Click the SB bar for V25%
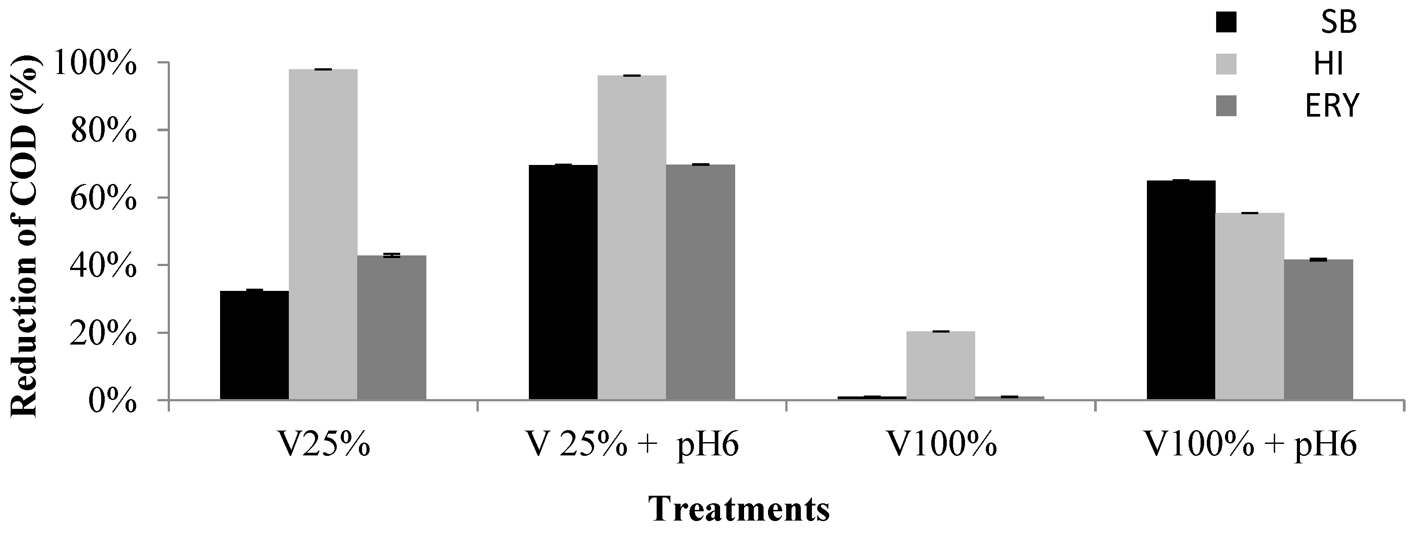click(254, 345)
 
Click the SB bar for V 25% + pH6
click(563, 282)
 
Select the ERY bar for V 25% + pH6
click(701, 282)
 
